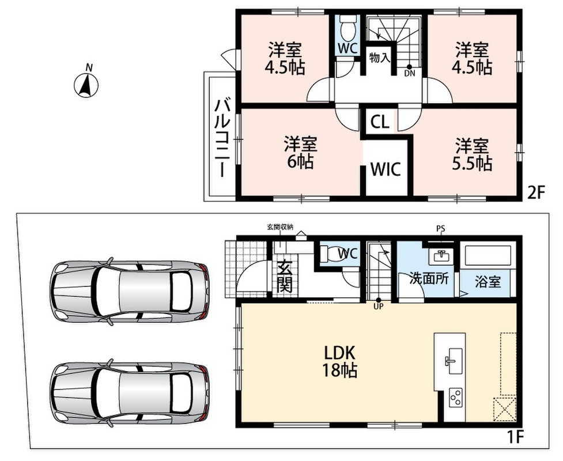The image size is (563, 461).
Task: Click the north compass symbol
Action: point(86,85)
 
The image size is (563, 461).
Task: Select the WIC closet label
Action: point(386,169)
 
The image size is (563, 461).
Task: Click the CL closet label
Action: point(380,122)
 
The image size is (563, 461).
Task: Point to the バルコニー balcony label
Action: point(222,138)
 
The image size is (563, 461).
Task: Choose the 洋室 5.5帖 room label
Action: point(472,154)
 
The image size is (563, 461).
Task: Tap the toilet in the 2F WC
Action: point(347,28)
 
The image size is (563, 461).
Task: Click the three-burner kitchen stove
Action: point(455,398)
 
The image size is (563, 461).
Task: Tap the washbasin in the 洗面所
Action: point(440,255)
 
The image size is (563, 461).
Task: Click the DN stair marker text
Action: point(409,74)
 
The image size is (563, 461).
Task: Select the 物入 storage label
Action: point(380,58)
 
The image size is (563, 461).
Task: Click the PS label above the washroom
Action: point(441,229)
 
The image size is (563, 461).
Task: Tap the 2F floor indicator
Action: point(536,194)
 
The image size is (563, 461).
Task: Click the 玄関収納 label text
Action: point(280,226)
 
